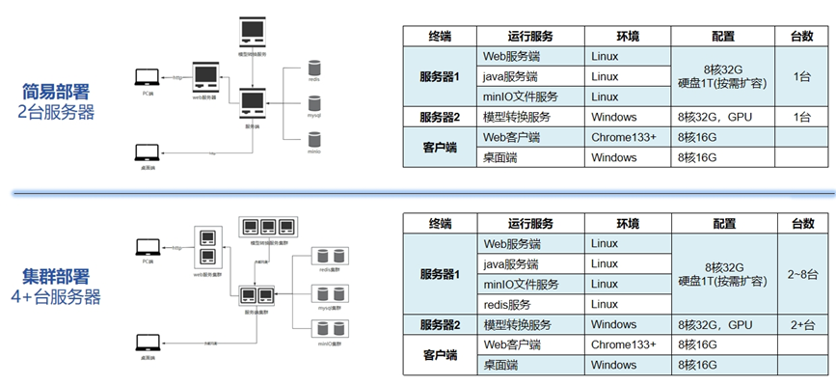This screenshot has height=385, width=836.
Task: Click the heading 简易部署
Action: (x=56, y=92)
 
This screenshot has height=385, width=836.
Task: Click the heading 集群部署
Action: (x=56, y=276)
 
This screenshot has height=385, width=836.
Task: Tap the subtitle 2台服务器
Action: (x=56, y=112)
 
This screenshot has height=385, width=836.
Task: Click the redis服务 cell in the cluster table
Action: (x=509, y=304)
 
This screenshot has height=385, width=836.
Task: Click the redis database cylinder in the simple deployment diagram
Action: (x=313, y=69)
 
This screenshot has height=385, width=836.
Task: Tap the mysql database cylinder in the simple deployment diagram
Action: (x=313, y=104)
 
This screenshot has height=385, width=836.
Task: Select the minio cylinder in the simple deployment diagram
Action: (x=313, y=140)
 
